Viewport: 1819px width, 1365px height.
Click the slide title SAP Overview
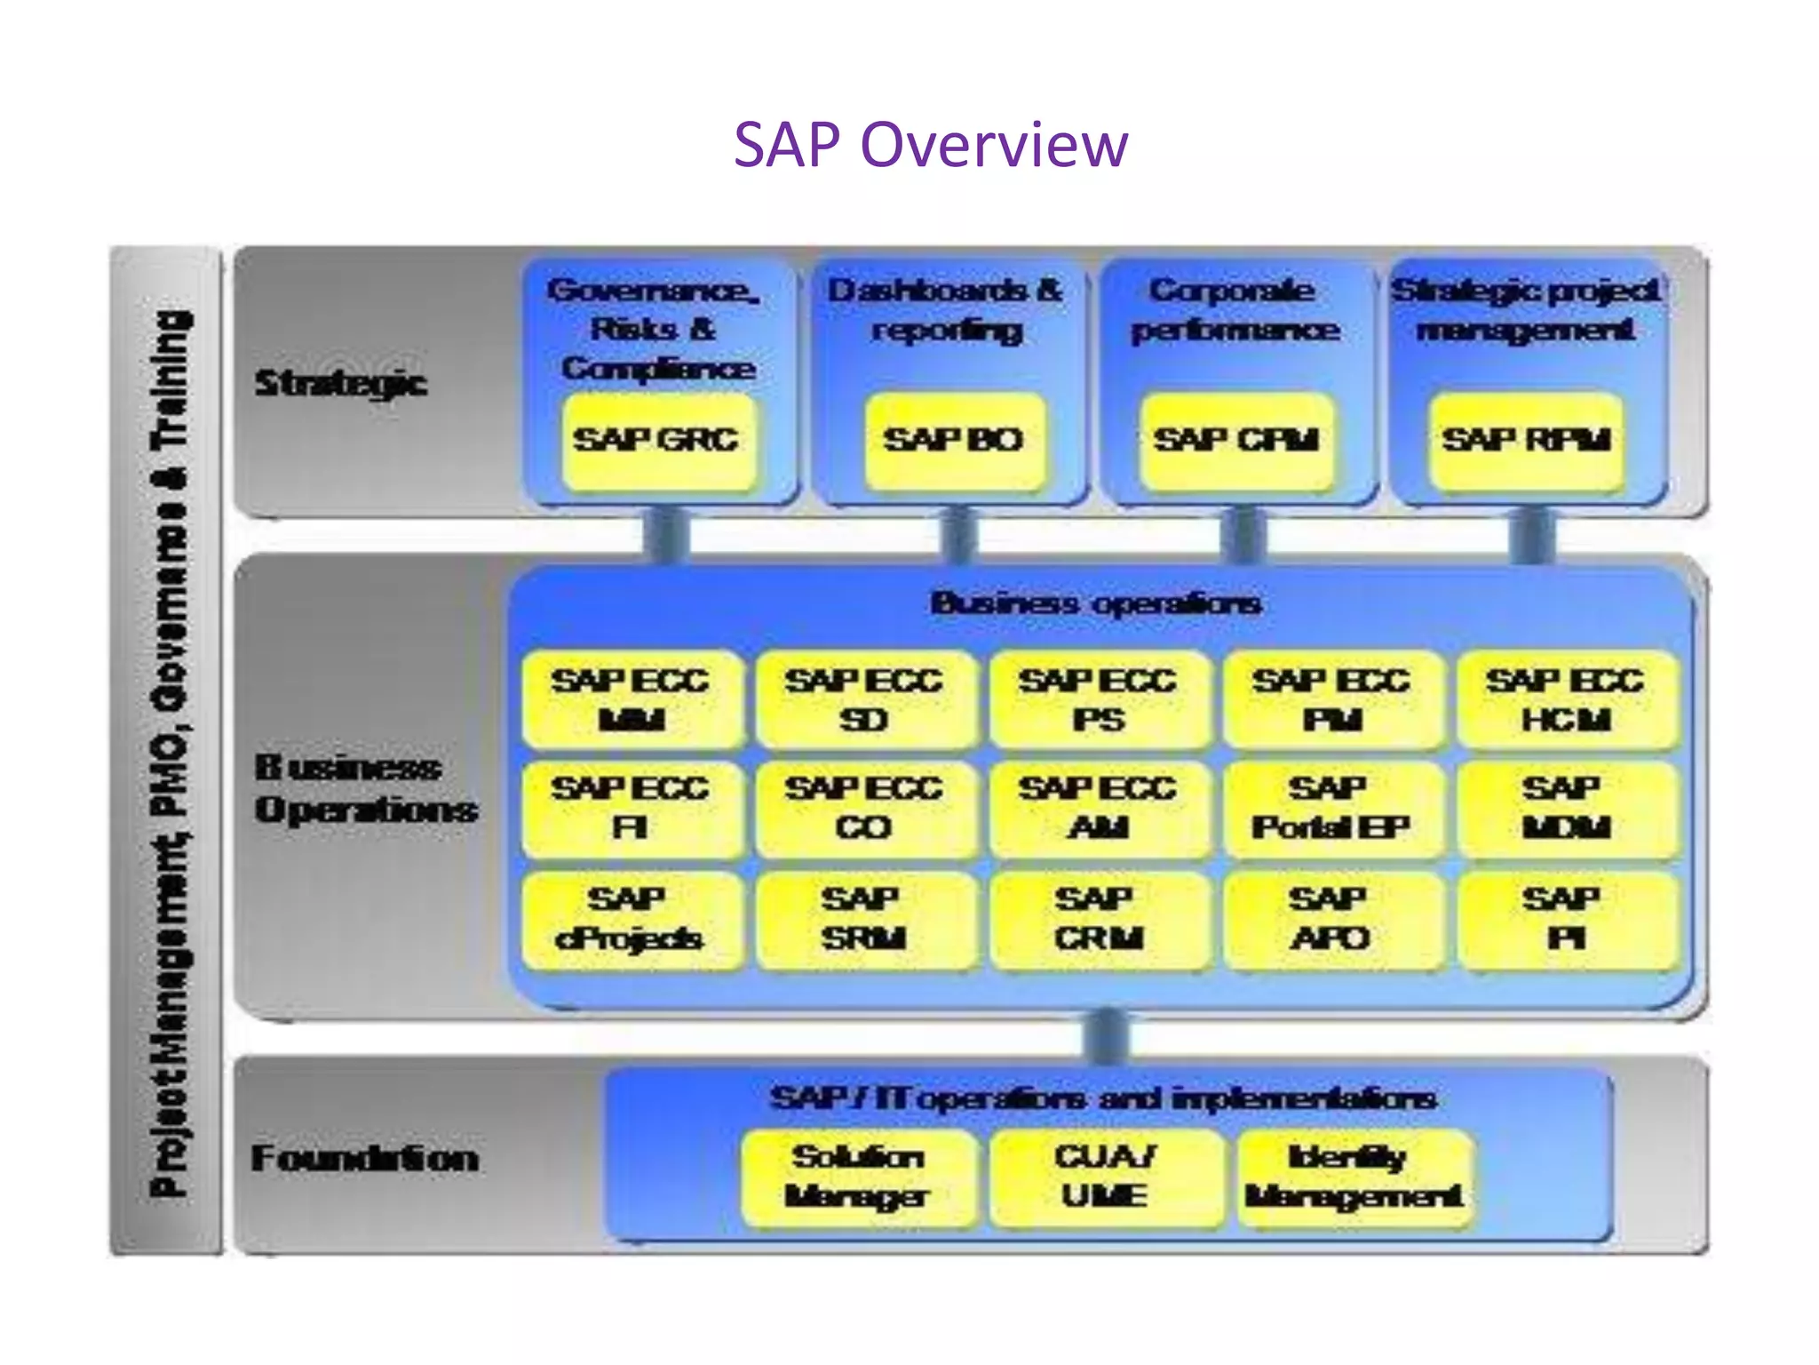[x=930, y=144]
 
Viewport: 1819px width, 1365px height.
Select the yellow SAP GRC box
[x=657, y=441]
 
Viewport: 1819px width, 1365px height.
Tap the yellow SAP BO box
[x=953, y=441]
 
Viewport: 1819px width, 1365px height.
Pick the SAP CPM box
[x=1235, y=441]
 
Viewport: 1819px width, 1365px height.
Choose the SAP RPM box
[x=1525, y=441]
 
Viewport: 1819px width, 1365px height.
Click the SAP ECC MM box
[x=631, y=700]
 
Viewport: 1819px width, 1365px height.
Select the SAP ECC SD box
[x=864, y=700]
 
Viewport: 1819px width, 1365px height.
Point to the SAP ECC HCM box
[x=1566, y=700]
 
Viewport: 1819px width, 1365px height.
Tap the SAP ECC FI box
[x=631, y=809]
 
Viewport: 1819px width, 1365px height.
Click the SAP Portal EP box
[x=1330, y=809]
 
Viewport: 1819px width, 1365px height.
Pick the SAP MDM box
[x=1566, y=809]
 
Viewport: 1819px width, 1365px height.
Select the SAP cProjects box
[x=631, y=920]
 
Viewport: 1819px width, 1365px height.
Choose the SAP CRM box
[x=1098, y=920]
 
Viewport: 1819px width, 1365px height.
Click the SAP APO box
[x=1330, y=920]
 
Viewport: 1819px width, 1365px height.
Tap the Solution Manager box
[x=858, y=1177]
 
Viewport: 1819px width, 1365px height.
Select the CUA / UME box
[x=1105, y=1177]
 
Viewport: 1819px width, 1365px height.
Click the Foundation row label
[x=365, y=1159]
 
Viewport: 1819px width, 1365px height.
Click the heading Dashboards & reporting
[x=946, y=310]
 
